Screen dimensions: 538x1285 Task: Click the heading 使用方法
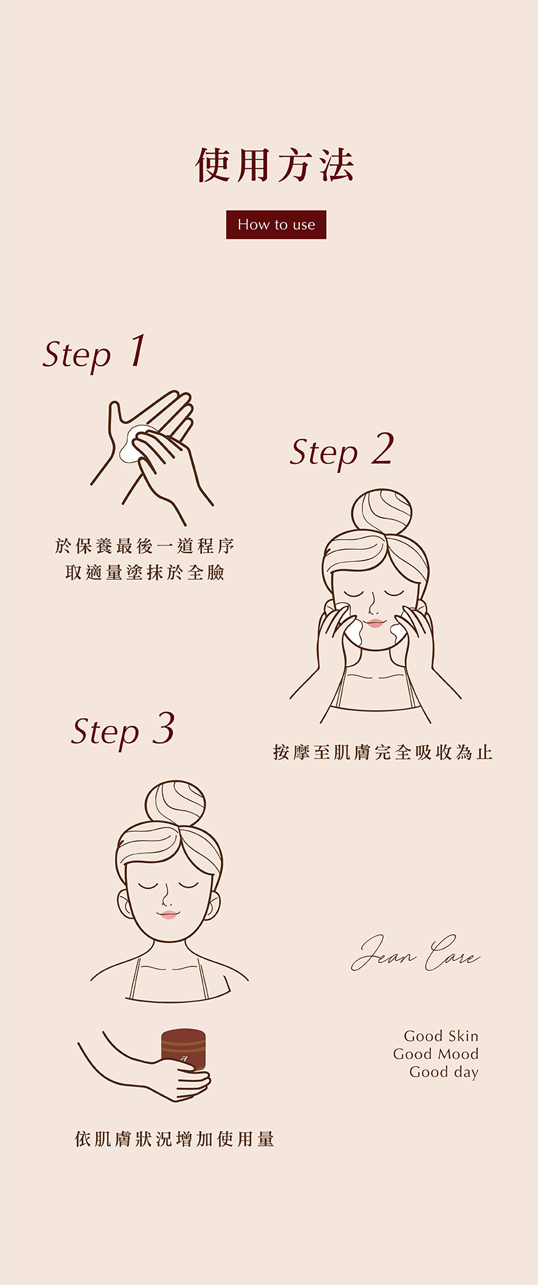[x=275, y=165]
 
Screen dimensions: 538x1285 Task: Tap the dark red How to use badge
[x=276, y=224]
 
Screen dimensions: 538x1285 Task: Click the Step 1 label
[x=94, y=352]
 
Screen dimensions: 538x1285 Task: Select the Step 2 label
[x=342, y=450]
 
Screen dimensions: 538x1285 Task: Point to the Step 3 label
[x=123, y=731]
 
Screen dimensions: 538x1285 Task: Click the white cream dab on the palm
[x=134, y=444]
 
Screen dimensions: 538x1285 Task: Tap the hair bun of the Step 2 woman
[x=381, y=512]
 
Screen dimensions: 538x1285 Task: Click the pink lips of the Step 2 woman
[x=375, y=623]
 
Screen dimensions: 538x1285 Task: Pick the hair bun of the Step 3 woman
[x=175, y=804]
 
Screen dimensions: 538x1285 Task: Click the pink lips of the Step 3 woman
[x=168, y=915]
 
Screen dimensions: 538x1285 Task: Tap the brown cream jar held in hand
[x=183, y=1051]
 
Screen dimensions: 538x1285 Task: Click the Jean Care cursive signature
[x=416, y=953]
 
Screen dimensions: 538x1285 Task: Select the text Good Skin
[x=441, y=1036]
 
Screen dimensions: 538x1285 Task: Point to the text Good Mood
[x=436, y=1054]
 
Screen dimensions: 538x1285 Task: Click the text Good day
[x=444, y=1073]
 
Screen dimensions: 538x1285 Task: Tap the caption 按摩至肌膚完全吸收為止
[x=383, y=752]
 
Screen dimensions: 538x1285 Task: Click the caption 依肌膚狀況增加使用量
[x=175, y=1139]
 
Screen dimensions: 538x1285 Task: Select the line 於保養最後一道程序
[x=145, y=546]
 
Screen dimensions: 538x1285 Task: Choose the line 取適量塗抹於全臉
[x=145, y=573]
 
